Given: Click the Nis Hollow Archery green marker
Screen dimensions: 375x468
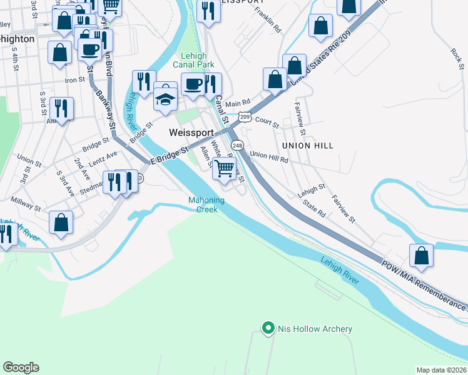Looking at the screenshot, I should click(x=268, y=327).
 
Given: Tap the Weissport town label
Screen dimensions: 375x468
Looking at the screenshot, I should click(x=191, y=133).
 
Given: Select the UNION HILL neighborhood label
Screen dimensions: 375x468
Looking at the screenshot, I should click(x=307, y=146).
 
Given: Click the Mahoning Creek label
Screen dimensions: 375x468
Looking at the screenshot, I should click(x=203, y=205).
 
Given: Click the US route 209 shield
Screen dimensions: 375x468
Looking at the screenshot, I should click(x=245, y=117).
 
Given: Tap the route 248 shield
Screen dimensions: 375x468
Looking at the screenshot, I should click(x=237, y=145).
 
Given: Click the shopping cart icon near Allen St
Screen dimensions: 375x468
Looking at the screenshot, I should click(x=224, y=168).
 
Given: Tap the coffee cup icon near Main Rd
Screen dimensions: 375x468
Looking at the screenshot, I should click(x=193, y=84).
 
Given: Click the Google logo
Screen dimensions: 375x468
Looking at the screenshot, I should click(x=21, y=367).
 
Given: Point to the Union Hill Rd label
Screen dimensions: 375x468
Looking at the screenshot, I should click(x=269, y=156).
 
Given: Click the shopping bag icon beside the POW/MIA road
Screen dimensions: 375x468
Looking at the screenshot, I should click(x=422, y=255).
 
